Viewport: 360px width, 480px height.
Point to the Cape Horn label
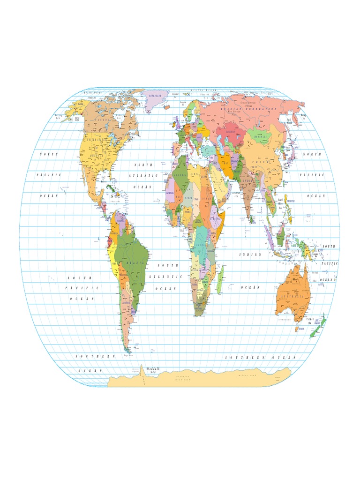click(x=129, y=356)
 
